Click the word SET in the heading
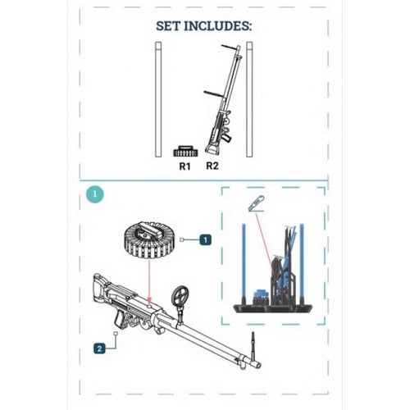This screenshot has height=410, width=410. [x=168, y=26]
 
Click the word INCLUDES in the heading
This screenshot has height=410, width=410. [x=218, y=26]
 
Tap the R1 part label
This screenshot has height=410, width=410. [x=184, y=166]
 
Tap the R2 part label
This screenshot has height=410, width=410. [x=212, y=166]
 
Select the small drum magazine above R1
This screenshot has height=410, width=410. [x=185, y=151]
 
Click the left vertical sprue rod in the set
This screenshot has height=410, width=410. [x=158, y=99]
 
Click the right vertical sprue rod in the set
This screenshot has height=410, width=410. [x=249, y=99]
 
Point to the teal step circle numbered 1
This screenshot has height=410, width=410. [x=95, y=194]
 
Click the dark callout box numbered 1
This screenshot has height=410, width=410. [x=206, y=240]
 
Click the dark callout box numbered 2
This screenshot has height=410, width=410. [x=99, y=348]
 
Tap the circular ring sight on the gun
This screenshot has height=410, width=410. [x=180, y=296]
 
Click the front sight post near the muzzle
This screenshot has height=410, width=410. [x=253, y=345]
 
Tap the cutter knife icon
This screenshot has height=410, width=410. [x=256, y=203]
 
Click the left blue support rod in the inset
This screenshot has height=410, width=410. [x=244, y=264]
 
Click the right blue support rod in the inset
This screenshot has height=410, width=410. [x=302, y=264]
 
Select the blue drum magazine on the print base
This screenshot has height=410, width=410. [x=262, y=294]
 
